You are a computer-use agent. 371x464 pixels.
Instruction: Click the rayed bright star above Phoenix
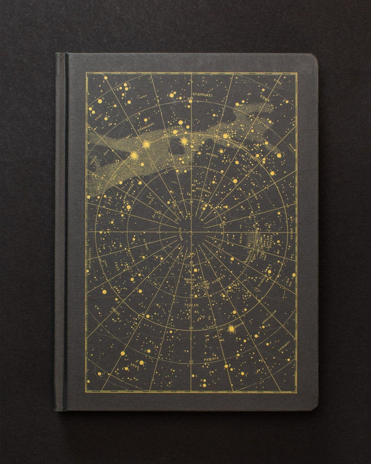pos(231,329)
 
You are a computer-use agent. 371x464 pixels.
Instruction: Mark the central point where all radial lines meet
pos(191,231)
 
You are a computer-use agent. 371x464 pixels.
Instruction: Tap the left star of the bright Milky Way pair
pos(146,144)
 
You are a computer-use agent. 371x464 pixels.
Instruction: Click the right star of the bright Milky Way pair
pos(184,141)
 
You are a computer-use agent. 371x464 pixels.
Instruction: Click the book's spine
pos(61,233)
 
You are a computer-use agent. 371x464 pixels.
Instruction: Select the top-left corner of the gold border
pos(86,73)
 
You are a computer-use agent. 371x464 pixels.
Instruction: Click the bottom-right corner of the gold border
pos(297,391)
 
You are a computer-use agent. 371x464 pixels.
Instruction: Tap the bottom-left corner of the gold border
pos(86,391)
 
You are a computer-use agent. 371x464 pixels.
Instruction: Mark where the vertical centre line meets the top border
pos(191,73)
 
